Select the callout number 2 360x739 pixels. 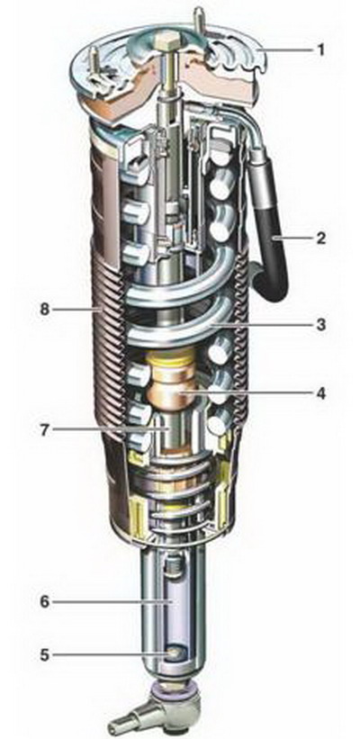[321, 238]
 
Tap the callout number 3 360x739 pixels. [321, 325]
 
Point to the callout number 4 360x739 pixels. [321, 392]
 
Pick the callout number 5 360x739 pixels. [44, 655]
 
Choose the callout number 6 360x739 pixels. [44, 602]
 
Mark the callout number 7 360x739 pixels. [44, 430]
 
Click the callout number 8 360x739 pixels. [44, 311]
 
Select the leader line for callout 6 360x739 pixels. [111, 602]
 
